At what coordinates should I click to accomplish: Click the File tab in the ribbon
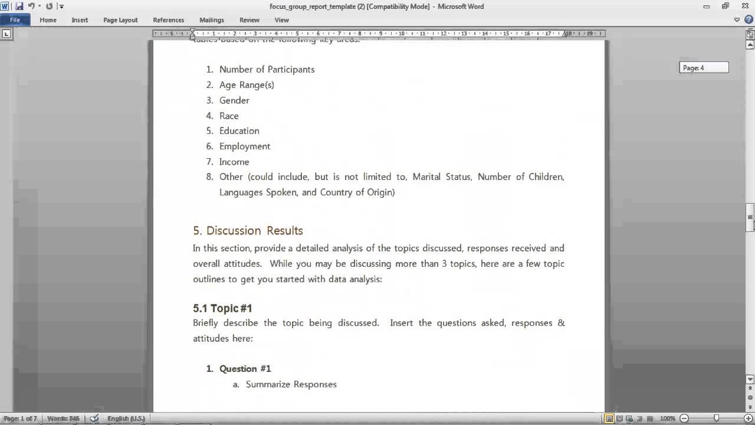tap(15, 20)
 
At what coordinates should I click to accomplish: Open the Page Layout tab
tap(120, 20)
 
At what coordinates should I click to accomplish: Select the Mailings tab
tap(211, 20)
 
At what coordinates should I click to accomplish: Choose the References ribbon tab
tap(168, 20)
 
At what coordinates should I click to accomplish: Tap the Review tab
tap(250, 20)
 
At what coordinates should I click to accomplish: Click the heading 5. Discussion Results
tap(248, 231)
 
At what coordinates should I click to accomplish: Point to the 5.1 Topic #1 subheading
tap(222, 308)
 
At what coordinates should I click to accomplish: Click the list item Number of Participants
tap(267, 70)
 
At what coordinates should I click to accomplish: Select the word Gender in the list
tap(234, 100)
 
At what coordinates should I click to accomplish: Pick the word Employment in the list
tap(245, 146)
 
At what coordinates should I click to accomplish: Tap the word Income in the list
tap(234, 162)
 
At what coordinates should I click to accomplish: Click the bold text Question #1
tap(245, 369)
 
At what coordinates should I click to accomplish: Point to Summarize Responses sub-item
tap(291, 384)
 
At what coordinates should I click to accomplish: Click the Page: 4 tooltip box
tap(704, 68)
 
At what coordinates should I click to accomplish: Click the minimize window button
tap(707, 6)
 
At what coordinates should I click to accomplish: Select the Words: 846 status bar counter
tap(63, 419)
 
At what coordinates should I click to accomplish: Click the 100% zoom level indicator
tap(668, 419)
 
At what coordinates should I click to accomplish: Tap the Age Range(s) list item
tap(247, 85)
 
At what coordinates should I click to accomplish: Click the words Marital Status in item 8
tap(442, 177)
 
